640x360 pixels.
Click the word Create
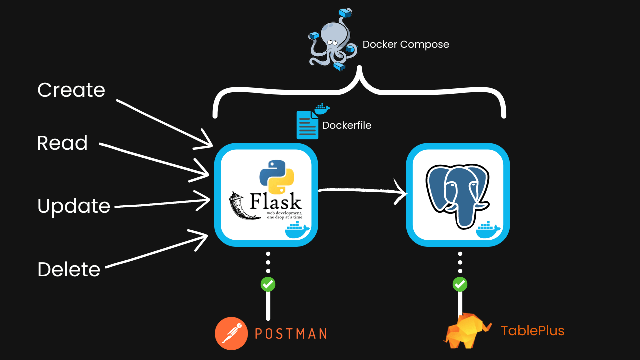[x=71, y=90]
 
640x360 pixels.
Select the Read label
[x=62, y=143]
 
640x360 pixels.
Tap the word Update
[x=74, y=206]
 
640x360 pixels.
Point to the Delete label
[x=69, y=269]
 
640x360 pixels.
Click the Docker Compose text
[x=405, y=45]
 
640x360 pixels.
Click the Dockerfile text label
[x=347, y=126]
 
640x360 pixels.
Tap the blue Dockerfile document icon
[x=307, y=125]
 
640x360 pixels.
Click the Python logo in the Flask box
[x=276, y=176]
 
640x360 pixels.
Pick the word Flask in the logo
[x=275, y=202]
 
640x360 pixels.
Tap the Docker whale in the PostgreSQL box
[x=488, y=231]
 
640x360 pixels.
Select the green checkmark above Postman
[x=268, y=284]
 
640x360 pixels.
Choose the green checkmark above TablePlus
[x=460, y=284]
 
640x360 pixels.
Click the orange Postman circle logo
[x=232, y=333]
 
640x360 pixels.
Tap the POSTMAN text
[x=291, y=334]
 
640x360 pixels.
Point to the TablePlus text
[x=532, y=331]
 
